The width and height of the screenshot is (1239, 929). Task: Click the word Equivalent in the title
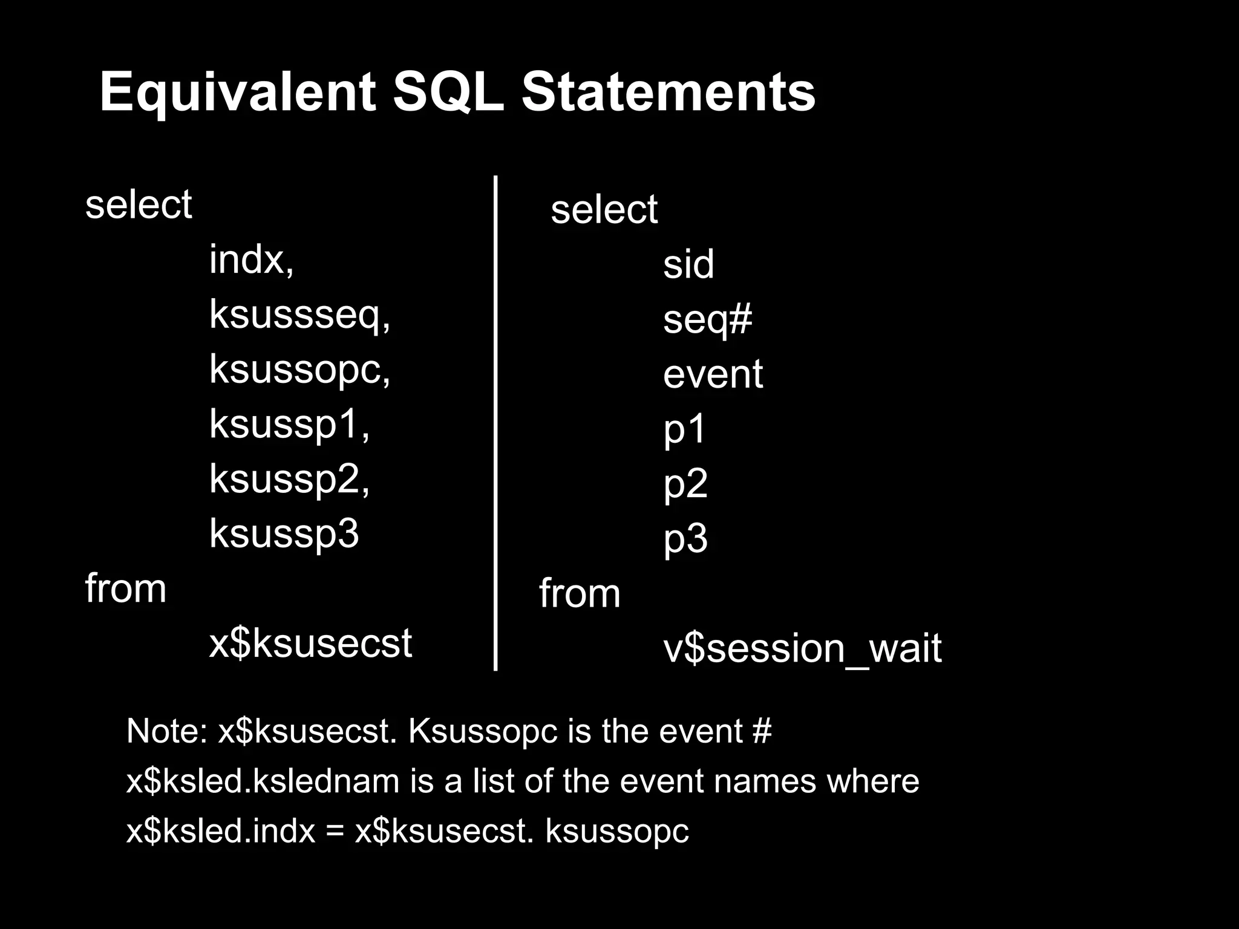pos(238,92)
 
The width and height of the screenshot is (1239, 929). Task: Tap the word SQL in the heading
pos(448,92)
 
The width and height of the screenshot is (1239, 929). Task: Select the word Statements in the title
pos(668,92)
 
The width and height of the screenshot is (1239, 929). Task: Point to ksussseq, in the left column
pos(300,315)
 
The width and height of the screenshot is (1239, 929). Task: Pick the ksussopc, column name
pos(300,369)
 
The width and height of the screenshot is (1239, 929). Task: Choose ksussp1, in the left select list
pos(289,423)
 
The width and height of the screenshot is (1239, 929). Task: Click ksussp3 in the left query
pos(284,533)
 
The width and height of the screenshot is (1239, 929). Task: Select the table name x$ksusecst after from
pos(310,643)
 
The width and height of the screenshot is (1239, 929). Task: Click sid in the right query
pos(688,264)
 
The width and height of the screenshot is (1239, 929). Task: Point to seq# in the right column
pos(707,319)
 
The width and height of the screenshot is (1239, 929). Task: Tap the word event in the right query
pos(713,374)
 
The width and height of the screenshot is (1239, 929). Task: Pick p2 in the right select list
pos(685,484)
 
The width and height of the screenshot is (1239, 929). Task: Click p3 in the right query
pos(685,538)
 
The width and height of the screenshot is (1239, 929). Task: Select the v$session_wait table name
pos(802,648)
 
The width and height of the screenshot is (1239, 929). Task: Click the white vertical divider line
pos(495,423)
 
